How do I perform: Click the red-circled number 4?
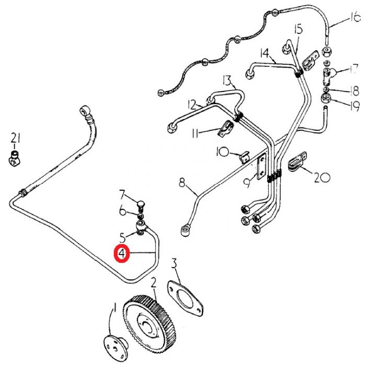tap(122, 255)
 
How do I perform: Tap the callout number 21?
tap(16, 139)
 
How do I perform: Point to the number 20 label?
tap(322, 178)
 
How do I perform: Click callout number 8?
tap(182, 183)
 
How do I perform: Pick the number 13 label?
tap(226, 81)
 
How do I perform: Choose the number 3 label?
tap(175, 263)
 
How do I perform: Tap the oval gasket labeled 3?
tap(186, 299)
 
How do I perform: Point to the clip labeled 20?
tap(295, 162)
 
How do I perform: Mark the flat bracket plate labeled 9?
tap(260, 167)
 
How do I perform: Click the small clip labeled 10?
tap(243, 156)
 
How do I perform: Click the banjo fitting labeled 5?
tap(141, 226)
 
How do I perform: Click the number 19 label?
tap(354, 106)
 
